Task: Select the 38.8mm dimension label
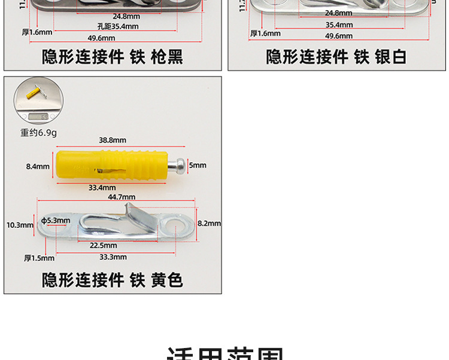click(x=113, y=140)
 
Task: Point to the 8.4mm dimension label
click(x=38, y=166)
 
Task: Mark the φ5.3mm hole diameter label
click(x=57, y=221)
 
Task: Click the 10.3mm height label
click(x=20, y=225)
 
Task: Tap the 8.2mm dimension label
click(x=209, y=223)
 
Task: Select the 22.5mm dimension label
click(x=104, y=245)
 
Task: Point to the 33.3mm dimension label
click(x=113, y=257)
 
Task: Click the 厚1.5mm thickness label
click(x=39, y=258)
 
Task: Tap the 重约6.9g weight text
click(x=39, y=133)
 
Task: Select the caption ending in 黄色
click(x=112, y=280)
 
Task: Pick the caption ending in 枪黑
click(x=112, y=57)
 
